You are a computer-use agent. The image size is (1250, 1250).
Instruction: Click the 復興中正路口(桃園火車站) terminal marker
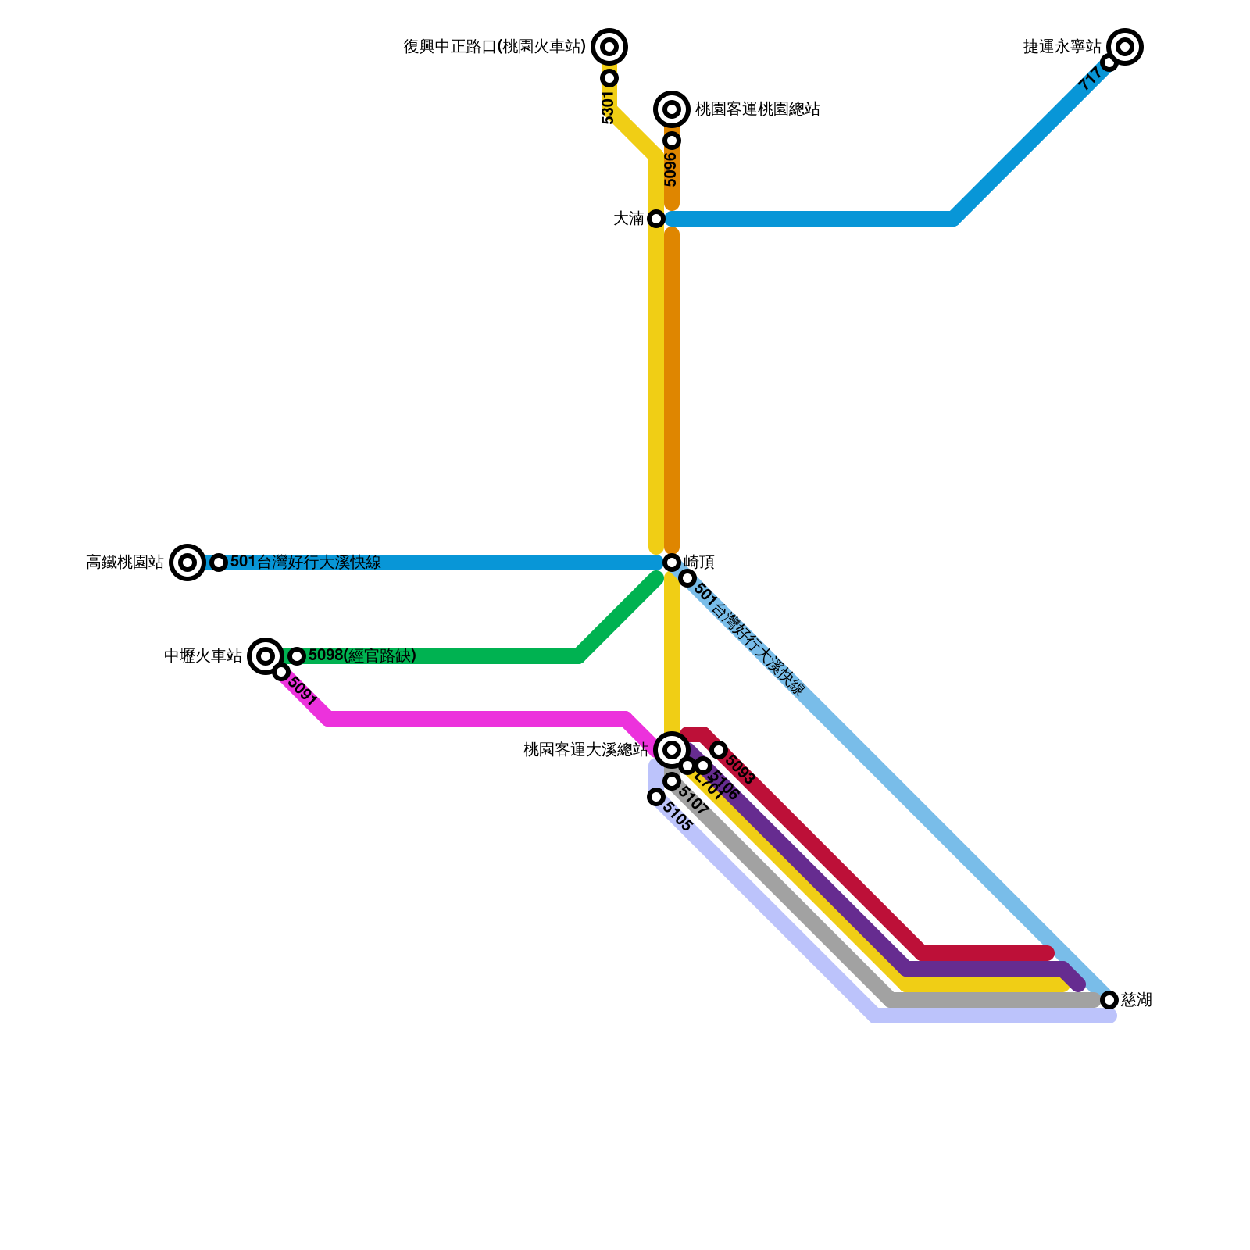coord(609,47)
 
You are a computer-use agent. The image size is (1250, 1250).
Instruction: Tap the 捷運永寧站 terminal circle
coord(1125,47)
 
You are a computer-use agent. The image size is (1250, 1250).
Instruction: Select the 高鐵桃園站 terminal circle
coord(187,562)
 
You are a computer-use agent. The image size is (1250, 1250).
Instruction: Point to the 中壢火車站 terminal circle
coord(266,655)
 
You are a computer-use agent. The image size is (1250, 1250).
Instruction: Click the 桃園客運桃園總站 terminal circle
coord(672,109)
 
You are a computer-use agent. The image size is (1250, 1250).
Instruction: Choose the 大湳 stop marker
coord(656,219)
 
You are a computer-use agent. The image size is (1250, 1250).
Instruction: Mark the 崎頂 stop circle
coord(672,562)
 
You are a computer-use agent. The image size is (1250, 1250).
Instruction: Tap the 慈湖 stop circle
coord(1109,999)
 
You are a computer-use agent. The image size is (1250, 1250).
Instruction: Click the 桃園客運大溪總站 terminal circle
coord(672,750)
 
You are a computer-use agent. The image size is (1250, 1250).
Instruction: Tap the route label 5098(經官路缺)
coord(362,655)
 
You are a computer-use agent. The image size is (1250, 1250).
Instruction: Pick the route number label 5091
coord(302,691)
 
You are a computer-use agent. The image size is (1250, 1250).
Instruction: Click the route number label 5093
coord(740,769)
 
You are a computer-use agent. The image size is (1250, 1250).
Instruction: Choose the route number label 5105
coord(677,816)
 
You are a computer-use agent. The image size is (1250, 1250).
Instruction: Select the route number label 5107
coord(692,801)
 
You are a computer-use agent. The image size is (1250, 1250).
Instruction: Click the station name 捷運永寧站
coord(1062,47)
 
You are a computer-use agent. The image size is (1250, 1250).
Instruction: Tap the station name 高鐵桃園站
coord(125,562)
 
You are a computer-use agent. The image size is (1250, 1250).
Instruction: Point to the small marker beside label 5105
coord(656,797)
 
